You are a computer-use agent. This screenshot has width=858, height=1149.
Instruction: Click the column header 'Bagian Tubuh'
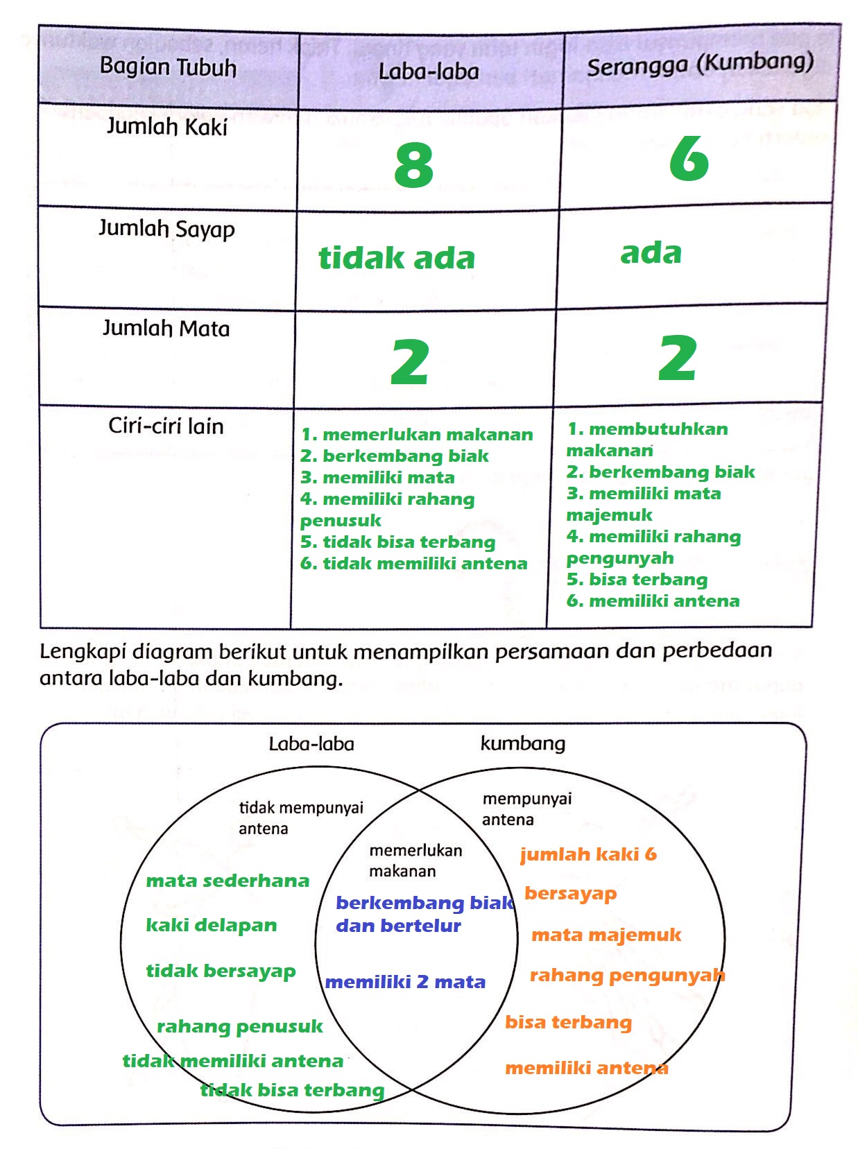[x=168, y=67]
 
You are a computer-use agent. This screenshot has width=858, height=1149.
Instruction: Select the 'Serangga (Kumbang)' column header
[x=700, y=64]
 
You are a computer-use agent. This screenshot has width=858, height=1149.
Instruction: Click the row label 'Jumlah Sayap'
[x=166, y=228]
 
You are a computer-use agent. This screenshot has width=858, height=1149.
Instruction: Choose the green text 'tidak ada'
[x=397, y=258]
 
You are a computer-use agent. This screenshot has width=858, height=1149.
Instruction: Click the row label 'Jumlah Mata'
[x=166, y=328]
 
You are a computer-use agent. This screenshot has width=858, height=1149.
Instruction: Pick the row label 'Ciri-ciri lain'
[x=166, y=426]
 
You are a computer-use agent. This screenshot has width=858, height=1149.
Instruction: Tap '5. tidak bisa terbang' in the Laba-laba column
[x=398, y=542]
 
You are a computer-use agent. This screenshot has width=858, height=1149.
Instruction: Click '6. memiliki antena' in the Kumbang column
[x=653, y=601]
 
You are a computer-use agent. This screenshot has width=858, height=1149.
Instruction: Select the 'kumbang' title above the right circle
[x=523, y=743]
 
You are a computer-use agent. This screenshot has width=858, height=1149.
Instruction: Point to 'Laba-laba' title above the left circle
[x=311, y=744]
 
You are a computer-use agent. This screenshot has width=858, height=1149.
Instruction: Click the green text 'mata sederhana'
[x=228, y=881]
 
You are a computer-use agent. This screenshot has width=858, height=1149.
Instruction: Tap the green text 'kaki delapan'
[x=212, y=926]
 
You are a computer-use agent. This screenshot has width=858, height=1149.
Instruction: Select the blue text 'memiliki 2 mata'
[x=405, y=982]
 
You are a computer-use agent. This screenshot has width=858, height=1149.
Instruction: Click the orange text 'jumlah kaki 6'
[x=588, y=854]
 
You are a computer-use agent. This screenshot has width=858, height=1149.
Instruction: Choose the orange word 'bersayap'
[x=570, y=894]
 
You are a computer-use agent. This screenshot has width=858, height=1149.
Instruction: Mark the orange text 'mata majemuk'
[x=606, y=935]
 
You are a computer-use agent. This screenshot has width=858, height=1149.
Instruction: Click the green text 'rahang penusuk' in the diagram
[x=240, y=1026]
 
